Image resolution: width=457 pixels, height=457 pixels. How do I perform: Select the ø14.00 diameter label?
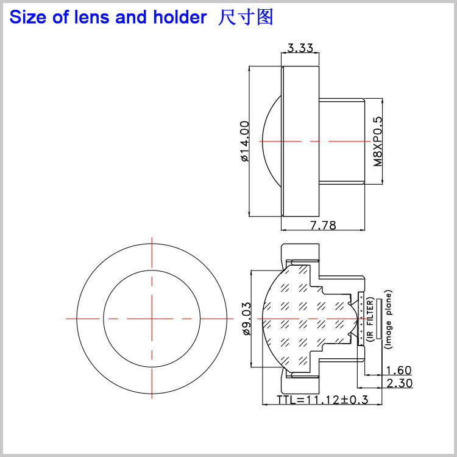pyautogui.click(x=245, y=141)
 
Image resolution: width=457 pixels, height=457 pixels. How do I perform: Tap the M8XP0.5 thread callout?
pyautogui.click(x=378, y=141)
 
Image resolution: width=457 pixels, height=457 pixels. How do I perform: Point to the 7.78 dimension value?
pyautogui.click(x=323, y=225)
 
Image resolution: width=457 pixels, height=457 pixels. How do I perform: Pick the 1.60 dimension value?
pyautogui.click(x=399, y=370)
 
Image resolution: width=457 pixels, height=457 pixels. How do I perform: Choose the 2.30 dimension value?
pyautogui.click(x=399, y=383)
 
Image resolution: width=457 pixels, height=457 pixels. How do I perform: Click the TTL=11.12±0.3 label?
pyautogui.click(x=323, y=400)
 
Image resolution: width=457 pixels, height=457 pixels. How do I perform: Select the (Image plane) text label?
pyautogui.click(x=389, y=319)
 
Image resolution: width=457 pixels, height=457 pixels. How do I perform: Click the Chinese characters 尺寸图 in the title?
pyautogui.click(x=246, y=17)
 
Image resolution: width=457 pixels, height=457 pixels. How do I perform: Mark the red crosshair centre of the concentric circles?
pyautogui.click(x=152, y=318)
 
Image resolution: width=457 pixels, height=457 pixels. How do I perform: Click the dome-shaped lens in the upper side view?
pyautogui.click(x=271, y=141)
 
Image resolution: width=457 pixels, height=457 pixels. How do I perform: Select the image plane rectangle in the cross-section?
pyautogui.click(x=378, y=319)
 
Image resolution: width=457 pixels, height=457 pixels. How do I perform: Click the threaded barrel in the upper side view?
pyautogui.click(x=341, y=141)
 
